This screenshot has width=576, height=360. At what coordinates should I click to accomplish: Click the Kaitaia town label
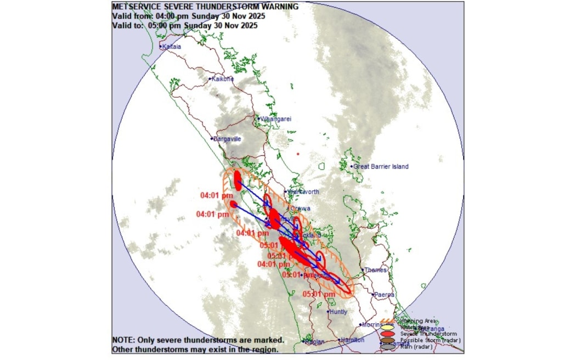point(172,47)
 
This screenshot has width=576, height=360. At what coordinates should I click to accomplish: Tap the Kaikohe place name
point(222,79)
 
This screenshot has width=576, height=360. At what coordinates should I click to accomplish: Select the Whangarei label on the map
point(275,119)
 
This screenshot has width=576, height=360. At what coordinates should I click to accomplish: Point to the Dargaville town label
point(227,139)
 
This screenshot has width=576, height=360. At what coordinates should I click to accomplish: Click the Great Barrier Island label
point(381,166)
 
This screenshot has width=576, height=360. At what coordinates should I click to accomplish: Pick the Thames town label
point(375,270)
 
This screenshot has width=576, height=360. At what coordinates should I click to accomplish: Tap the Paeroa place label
point(384,295)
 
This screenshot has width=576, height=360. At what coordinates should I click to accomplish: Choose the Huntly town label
point(337,312)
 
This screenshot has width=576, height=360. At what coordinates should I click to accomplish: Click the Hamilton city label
point(352,340)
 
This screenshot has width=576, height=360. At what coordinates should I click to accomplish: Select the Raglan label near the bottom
point(314,341)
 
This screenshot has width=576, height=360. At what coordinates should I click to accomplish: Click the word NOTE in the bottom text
point(122,340)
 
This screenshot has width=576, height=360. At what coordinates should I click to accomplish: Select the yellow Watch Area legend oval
point(388,327)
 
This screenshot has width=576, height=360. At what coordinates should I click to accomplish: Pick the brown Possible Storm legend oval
point(388,340)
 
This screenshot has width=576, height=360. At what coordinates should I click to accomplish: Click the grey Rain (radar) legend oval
point(388,346)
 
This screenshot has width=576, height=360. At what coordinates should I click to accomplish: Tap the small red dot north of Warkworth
point(298,154)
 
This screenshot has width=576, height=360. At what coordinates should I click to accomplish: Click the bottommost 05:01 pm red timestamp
point(319,294)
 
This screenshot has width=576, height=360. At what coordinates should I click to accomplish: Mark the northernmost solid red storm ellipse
point(238,181)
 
